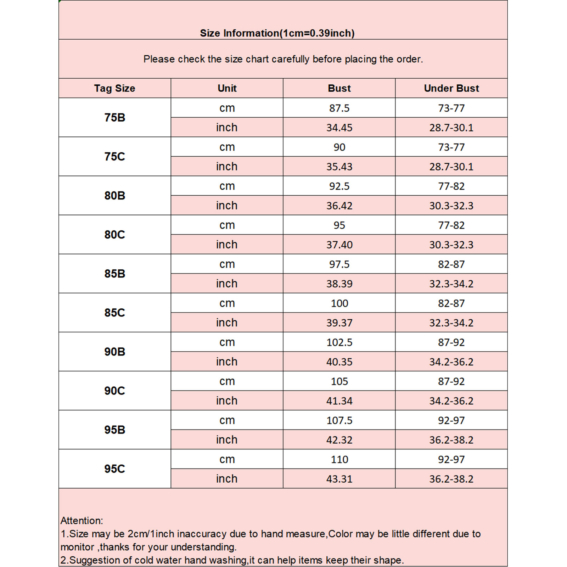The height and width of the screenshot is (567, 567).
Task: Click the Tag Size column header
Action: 114,88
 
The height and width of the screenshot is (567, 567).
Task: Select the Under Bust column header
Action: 451,88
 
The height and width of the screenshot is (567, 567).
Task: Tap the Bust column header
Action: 339,88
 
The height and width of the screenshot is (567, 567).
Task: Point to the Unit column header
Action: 227,88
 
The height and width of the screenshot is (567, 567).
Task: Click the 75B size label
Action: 114,117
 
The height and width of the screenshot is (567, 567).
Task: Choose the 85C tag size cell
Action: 114,313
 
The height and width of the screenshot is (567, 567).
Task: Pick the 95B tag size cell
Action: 114,430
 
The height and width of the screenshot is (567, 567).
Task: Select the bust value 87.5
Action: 339,108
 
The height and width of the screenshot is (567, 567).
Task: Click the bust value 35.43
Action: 339,167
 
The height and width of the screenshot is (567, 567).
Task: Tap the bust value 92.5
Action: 339,186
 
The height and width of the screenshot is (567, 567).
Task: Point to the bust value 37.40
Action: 339,245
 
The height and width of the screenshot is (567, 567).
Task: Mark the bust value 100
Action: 339,303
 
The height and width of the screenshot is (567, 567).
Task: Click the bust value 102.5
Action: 339,342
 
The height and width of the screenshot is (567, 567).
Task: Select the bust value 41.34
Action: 339,401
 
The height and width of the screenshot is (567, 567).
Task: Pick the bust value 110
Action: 339,459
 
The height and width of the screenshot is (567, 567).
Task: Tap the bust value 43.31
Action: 339,479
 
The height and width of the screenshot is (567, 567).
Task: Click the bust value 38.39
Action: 339,283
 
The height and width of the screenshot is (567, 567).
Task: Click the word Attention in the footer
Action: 81,521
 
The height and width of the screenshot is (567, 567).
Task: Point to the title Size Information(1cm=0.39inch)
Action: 277,33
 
